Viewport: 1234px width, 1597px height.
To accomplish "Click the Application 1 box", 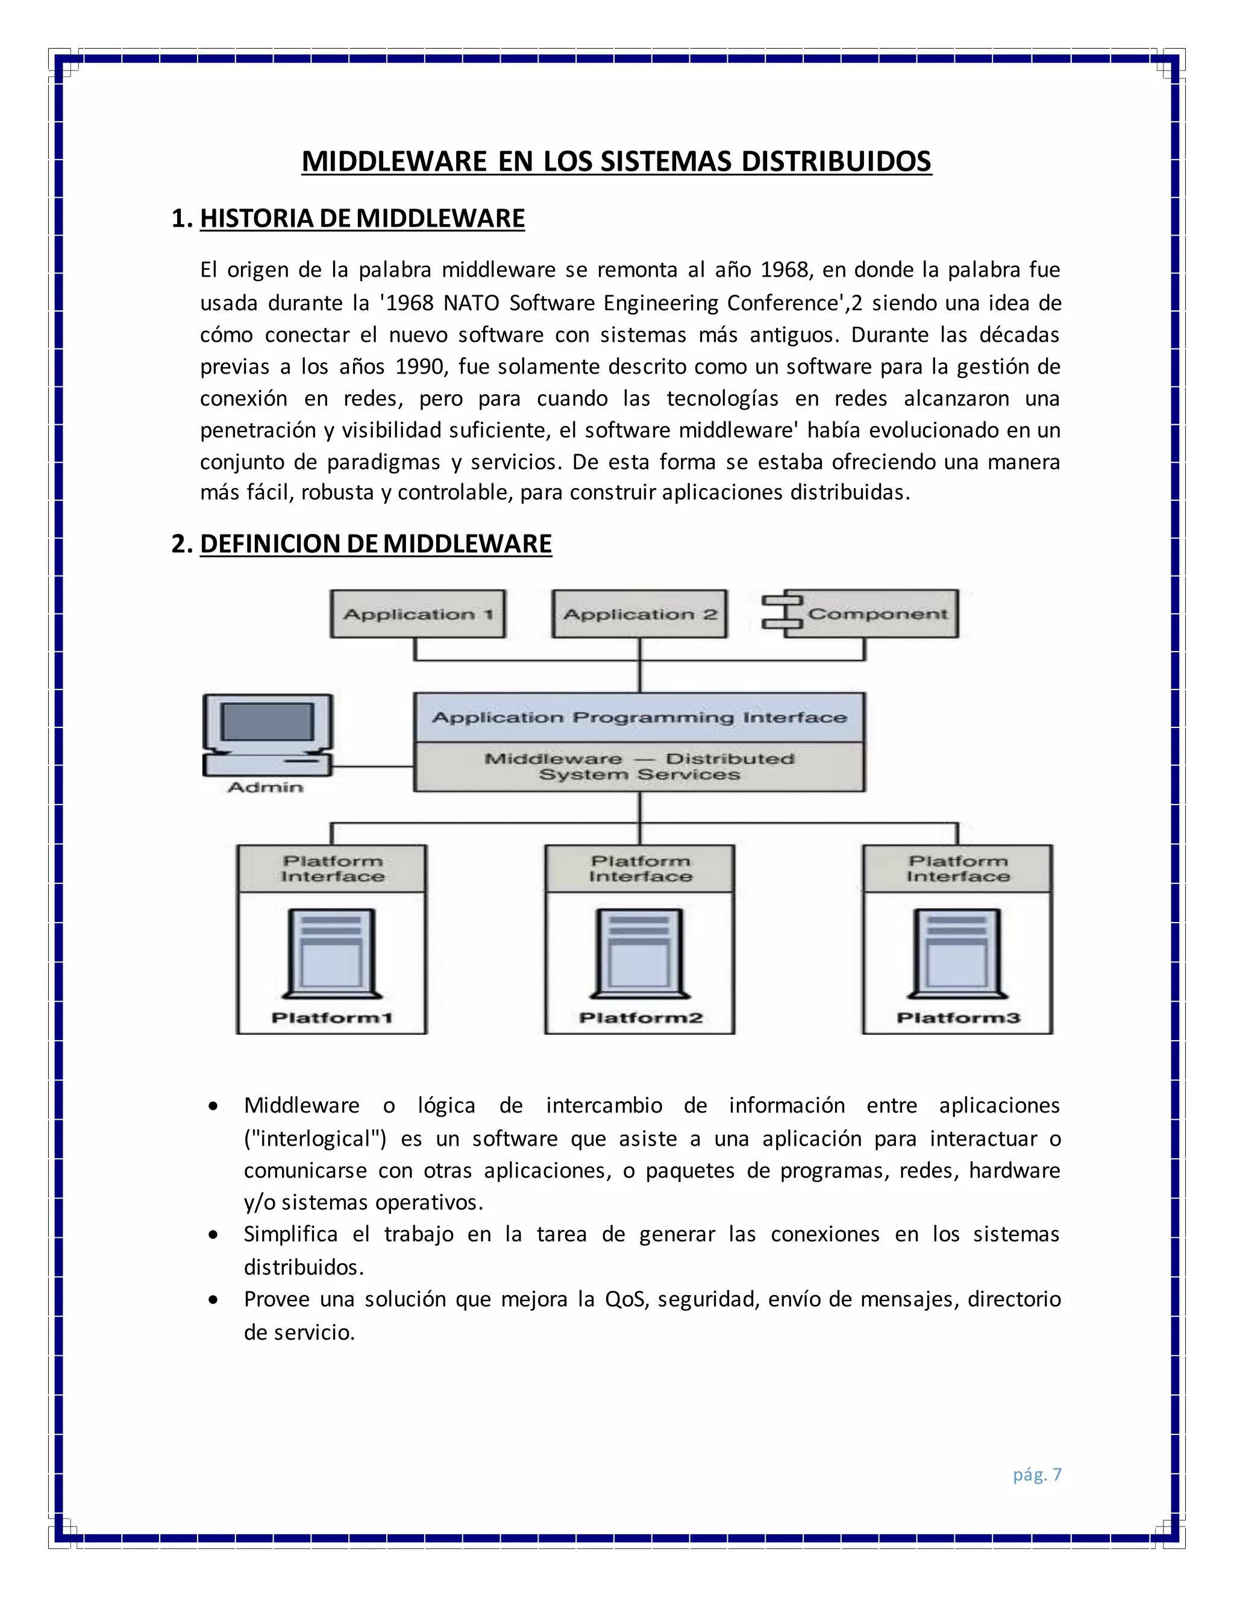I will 418,614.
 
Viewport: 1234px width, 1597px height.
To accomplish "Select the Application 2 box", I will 640,614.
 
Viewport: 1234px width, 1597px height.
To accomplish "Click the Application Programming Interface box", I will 640,717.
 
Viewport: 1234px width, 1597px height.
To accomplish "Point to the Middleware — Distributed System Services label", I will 640,767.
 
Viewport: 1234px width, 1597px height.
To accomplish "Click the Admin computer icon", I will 268,735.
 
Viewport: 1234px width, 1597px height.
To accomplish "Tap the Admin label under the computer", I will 265,788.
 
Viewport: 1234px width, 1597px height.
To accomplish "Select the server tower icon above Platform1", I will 332,953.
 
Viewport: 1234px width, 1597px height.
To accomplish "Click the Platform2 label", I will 640,1018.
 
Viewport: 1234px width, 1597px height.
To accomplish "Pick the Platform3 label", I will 957,1018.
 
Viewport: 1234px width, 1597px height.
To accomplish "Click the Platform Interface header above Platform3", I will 957,868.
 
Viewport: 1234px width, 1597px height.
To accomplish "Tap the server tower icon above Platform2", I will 640,953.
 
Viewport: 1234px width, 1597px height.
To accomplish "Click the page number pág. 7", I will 1036,1474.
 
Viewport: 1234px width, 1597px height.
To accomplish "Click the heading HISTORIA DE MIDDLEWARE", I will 362,219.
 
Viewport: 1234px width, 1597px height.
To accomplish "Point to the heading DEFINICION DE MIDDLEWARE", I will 376,544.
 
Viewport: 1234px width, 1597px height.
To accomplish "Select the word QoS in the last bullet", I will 625,1299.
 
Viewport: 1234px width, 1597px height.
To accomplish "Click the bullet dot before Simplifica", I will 213,1235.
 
